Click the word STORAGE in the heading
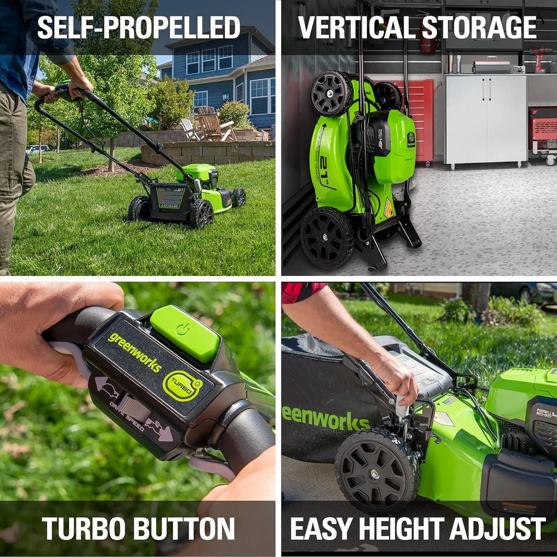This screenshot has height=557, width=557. [479, 28]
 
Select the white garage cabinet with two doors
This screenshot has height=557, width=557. [486, 119]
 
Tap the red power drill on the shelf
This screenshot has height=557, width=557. [540, 58]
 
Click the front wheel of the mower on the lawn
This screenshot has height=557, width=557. [239, 197]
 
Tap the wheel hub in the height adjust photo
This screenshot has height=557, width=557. [374, 473]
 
